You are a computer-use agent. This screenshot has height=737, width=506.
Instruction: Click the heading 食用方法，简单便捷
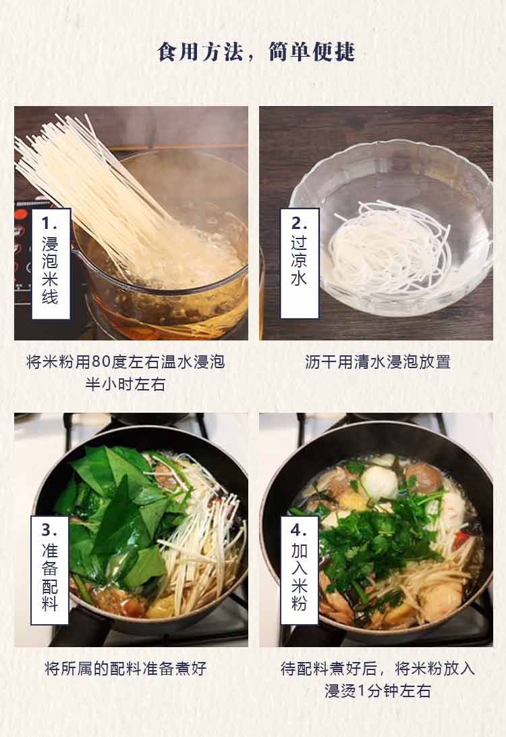pyautogui.click(x=256, y=52)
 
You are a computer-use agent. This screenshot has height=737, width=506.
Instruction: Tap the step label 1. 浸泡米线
pyautogui.click(x=51, y=264)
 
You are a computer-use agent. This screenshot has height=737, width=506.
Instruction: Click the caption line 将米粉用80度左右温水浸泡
pyautogui.click(x=125, y=362)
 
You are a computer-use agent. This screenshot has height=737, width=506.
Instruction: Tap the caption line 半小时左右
pyautogui.click(x=125, y=384)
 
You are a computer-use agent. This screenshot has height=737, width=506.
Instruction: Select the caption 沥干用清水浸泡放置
pyautogui.click(x=377, y=362)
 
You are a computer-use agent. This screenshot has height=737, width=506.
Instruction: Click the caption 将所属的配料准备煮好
pyautogui.click(x=125, y=668)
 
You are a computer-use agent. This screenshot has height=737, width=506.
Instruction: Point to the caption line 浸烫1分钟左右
pyautogui.click(x=377, y=691)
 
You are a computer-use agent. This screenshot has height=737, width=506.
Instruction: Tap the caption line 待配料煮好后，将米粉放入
pyautogui.click(x=377, y=668)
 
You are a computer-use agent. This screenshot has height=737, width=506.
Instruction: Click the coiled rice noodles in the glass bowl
pyautogui.click(x=389, y=245)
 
